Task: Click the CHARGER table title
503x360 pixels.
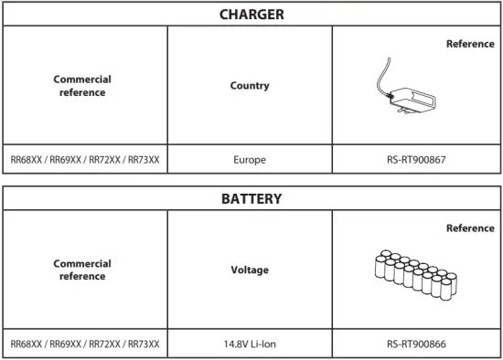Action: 251,14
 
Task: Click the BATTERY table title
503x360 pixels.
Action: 251,197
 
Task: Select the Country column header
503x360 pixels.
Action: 250,86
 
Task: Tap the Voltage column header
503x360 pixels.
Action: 250,270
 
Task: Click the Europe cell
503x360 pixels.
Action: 250,159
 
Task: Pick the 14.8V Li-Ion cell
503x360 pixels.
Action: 250,344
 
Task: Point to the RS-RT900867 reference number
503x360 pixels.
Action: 417,159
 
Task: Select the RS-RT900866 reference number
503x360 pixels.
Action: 417,344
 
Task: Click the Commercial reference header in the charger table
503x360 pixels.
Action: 82,86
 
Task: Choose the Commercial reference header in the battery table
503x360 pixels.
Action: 82,270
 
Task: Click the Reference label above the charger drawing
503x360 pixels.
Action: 469,44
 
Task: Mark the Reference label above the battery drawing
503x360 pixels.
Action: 469,228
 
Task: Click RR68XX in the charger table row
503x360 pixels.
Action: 26,159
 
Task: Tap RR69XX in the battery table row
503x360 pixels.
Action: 64,344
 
